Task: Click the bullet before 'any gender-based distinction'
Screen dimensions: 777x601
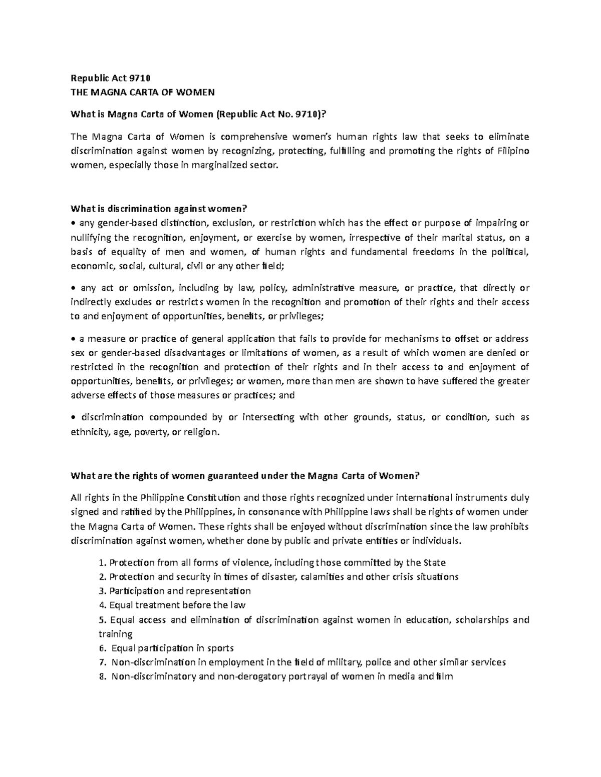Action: pyautogui.click(x=73, y=223)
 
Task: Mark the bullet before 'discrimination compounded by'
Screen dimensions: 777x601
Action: pyautogui.click(x=73, y=418)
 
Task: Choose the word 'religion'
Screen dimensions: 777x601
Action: pyautogui.click(x=201, y=432)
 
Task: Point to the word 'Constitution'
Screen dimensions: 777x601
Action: pyautogui.click(x=213, y=497)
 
